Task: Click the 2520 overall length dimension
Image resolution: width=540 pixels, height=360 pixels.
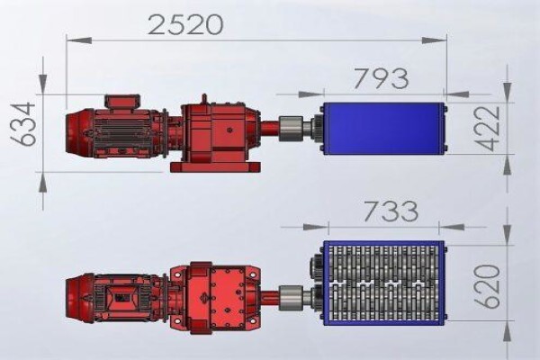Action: click(x=185, y=24)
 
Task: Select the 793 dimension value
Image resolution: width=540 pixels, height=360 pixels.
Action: click(x=381, y=78)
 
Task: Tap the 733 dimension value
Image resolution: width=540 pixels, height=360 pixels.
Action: click(x=391, y=211)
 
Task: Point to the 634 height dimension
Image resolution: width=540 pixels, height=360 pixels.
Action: click(x=23, y=124)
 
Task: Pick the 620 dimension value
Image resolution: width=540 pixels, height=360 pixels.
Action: click(x=487, y=286)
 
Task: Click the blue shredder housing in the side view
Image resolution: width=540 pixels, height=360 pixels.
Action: click(x=384, y=128)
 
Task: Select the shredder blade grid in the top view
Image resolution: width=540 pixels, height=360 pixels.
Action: click(x=384, y=283)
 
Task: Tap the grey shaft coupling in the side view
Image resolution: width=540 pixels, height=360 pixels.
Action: click(x=290, y=129)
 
